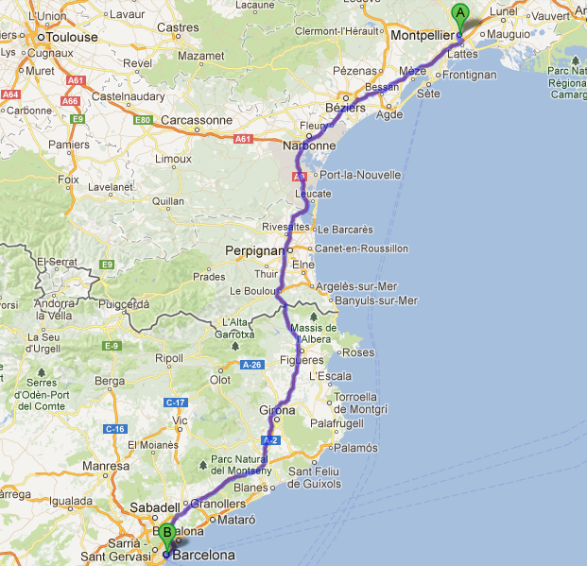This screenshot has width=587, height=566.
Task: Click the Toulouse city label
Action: pos(72,37)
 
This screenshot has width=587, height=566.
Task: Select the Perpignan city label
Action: pos(255,250)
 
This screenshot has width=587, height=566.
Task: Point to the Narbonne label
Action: pos(309,146)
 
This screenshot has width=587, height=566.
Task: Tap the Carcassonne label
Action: pos(197,120)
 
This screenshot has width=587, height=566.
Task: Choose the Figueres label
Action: pos(302,360)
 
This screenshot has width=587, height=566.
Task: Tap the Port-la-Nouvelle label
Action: pos(361,175)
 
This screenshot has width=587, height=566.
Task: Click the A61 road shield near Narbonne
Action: pos(244,139)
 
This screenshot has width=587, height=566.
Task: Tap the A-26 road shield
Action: pos(250,364)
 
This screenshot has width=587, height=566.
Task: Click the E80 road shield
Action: pos(144,120)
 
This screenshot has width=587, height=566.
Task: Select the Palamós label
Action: pos(356,447)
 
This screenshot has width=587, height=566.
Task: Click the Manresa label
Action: pos(106,465)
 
